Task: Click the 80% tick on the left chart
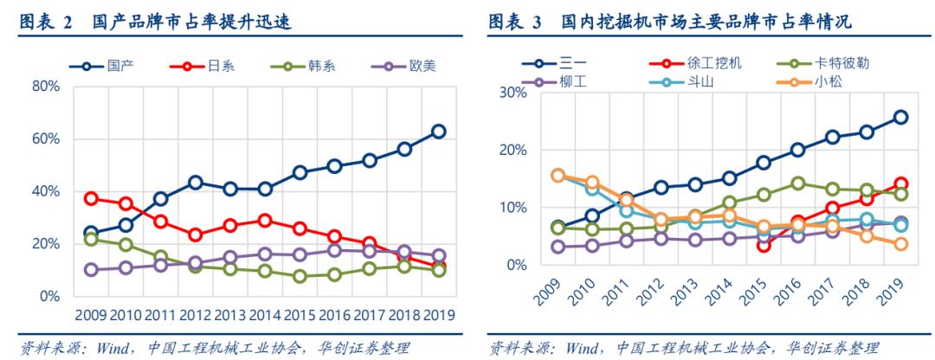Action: pos(45,87)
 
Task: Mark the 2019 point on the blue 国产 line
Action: pos(439,132)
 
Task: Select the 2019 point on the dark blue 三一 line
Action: pos(900,117)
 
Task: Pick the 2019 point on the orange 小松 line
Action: pos(900,244)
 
